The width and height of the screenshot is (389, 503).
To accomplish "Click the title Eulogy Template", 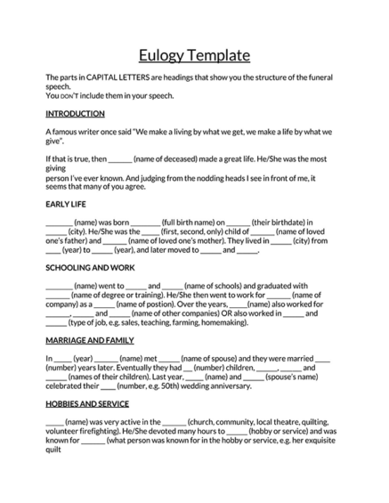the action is coord(194,55).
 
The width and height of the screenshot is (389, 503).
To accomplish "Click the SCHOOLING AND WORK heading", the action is coord(91,267).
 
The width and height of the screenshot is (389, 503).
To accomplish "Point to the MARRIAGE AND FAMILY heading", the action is coord(89,340).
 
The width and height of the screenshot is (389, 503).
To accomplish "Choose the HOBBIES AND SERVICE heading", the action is coord(86,403).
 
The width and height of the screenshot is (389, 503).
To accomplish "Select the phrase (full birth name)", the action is coord(194,222).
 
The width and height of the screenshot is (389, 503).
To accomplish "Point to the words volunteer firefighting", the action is coord(81,431).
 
